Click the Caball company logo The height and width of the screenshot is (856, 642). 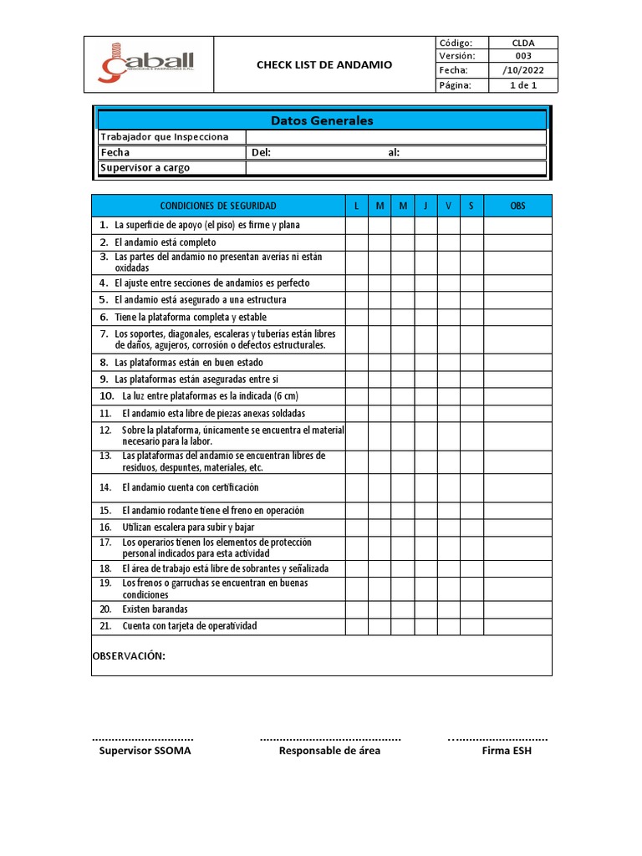pos(148,64)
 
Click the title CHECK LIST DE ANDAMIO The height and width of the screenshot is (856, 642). pos(324,64)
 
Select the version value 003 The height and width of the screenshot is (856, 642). pos(523,56)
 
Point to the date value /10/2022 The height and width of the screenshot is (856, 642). pos(523,70)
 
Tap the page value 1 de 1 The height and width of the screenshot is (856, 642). pos(523,85)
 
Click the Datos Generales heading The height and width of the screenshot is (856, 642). pos(322,120)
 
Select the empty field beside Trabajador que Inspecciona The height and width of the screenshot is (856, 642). pos(395,137)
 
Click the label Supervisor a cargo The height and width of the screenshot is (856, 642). pos(145,168)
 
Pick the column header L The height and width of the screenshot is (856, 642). pos(357,206)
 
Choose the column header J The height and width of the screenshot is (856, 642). pos(425,206)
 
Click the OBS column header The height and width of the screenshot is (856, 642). pos(517,206)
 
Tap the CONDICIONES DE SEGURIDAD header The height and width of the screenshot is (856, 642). pos(217,206)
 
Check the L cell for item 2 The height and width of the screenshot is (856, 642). pos(357,242)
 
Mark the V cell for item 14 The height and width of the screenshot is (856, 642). pos(448,487)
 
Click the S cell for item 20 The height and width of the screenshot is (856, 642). pos(471,610)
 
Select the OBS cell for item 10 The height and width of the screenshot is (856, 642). pos(517,396)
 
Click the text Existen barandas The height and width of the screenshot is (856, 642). pos(155,610)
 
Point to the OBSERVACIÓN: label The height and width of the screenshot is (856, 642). pos(129,656)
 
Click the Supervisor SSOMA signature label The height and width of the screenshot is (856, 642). pos(145,751)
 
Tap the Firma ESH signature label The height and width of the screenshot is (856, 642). pos(506,751)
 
